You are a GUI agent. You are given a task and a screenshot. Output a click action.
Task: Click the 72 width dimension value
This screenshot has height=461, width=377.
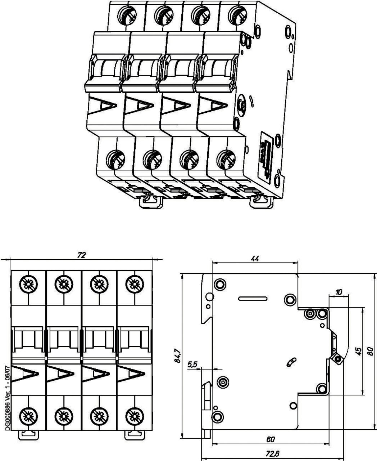pyautogui.click(x=82, y=255)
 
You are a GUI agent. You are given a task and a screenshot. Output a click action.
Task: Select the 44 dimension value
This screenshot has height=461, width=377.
pyautogui.click(x=255, y=259)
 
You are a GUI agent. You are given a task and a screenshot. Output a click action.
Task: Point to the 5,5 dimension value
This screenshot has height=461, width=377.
pyautogui.click(x=192, y=365)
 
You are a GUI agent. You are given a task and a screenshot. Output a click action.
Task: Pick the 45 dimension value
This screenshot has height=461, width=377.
pyautogui.click(x=358, y=351)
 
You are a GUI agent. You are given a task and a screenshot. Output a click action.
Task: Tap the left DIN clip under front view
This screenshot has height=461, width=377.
pyautogui.click(x=28, y=434)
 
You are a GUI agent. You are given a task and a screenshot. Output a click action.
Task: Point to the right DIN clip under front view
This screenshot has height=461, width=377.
pyautogui.click(x=134, y=434)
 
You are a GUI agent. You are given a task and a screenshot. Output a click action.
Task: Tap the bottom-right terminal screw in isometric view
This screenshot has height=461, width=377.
pyautogui.click(x=226, y=159)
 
